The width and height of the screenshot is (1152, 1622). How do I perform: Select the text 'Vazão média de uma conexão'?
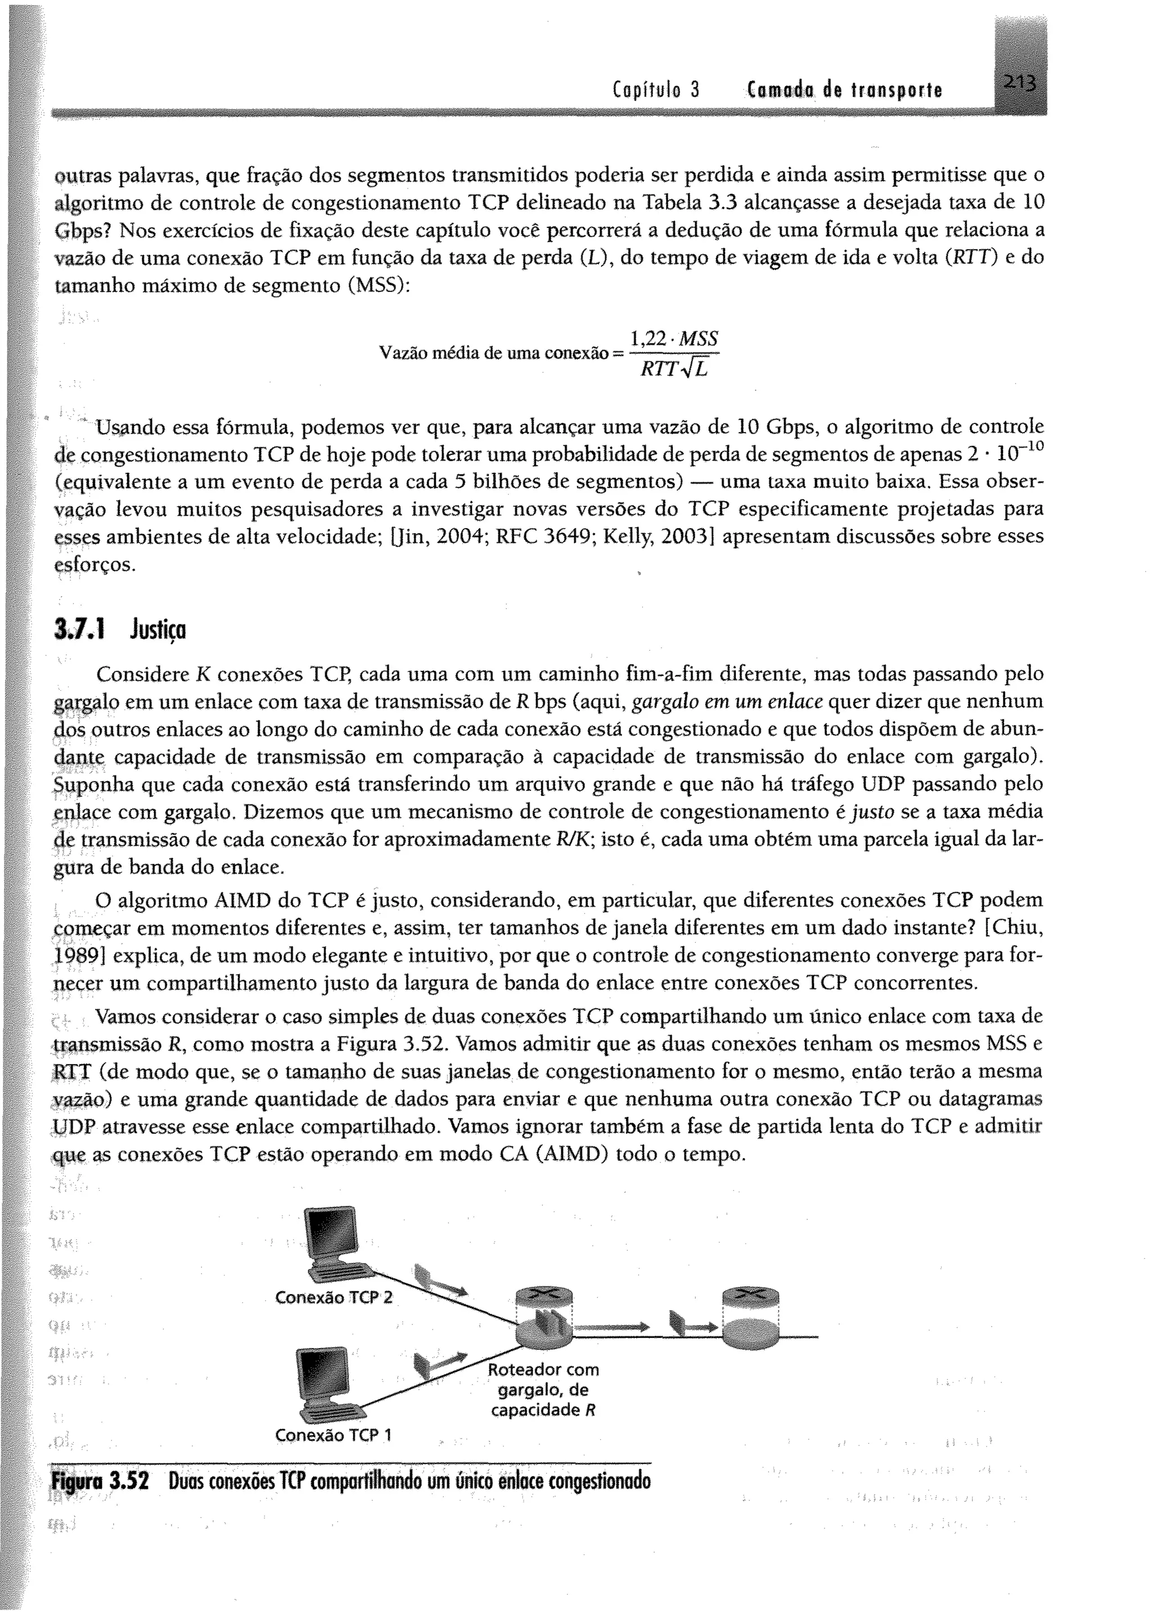pos(494,353)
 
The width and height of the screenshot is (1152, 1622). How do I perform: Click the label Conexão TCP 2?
pos(334,1297)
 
